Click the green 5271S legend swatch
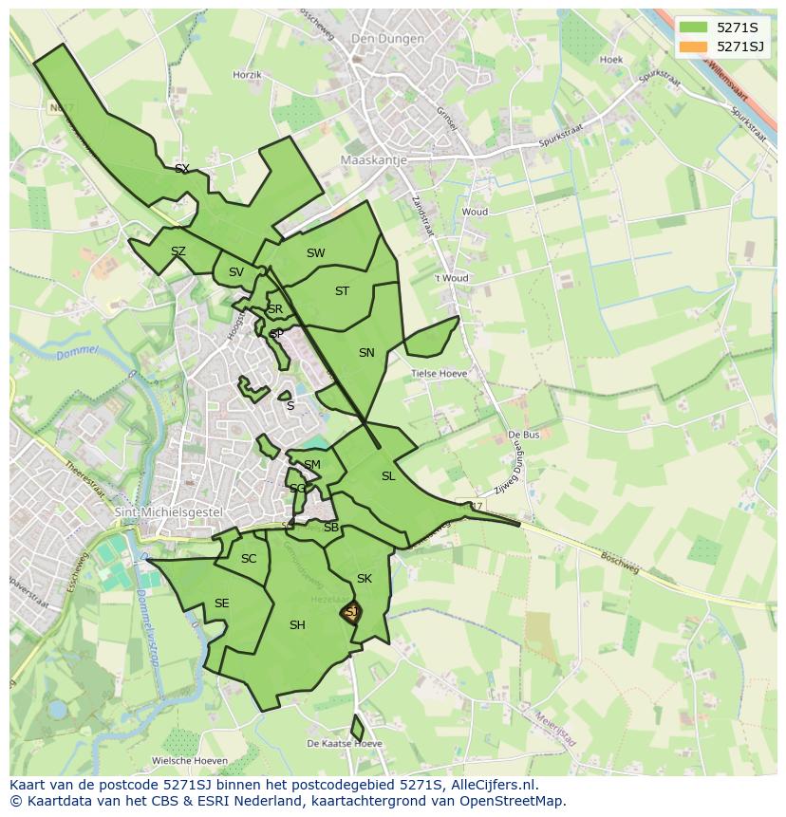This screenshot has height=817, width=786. [x=695, y=27]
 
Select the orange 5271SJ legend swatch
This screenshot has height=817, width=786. [x=695, y=46]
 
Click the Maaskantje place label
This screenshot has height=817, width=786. [x=373, y=160]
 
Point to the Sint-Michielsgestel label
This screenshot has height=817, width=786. [x=167, y=512]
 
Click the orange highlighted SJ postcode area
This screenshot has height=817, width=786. [x=351, y=613]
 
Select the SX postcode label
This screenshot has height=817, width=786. [x=182, y=169]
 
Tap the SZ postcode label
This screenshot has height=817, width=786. [x=178, y=251]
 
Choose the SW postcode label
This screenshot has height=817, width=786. [x=315, y=253]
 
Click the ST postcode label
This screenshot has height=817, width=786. [x=342, y=291]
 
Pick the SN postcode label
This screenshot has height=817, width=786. [x=366, y=353]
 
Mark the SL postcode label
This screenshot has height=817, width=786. [x=387, y=476]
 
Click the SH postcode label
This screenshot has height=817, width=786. [x=297, y=624]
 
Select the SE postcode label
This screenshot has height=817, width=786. [x=221, y=603]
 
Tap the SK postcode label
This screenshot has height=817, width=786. [x=364, y=579]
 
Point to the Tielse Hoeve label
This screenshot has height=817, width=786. [x=439, y=374]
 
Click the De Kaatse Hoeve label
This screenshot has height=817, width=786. [x=345, y=743]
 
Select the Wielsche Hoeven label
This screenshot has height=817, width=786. [x=189, y=761]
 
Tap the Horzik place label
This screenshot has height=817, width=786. [x=247, y=74]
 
